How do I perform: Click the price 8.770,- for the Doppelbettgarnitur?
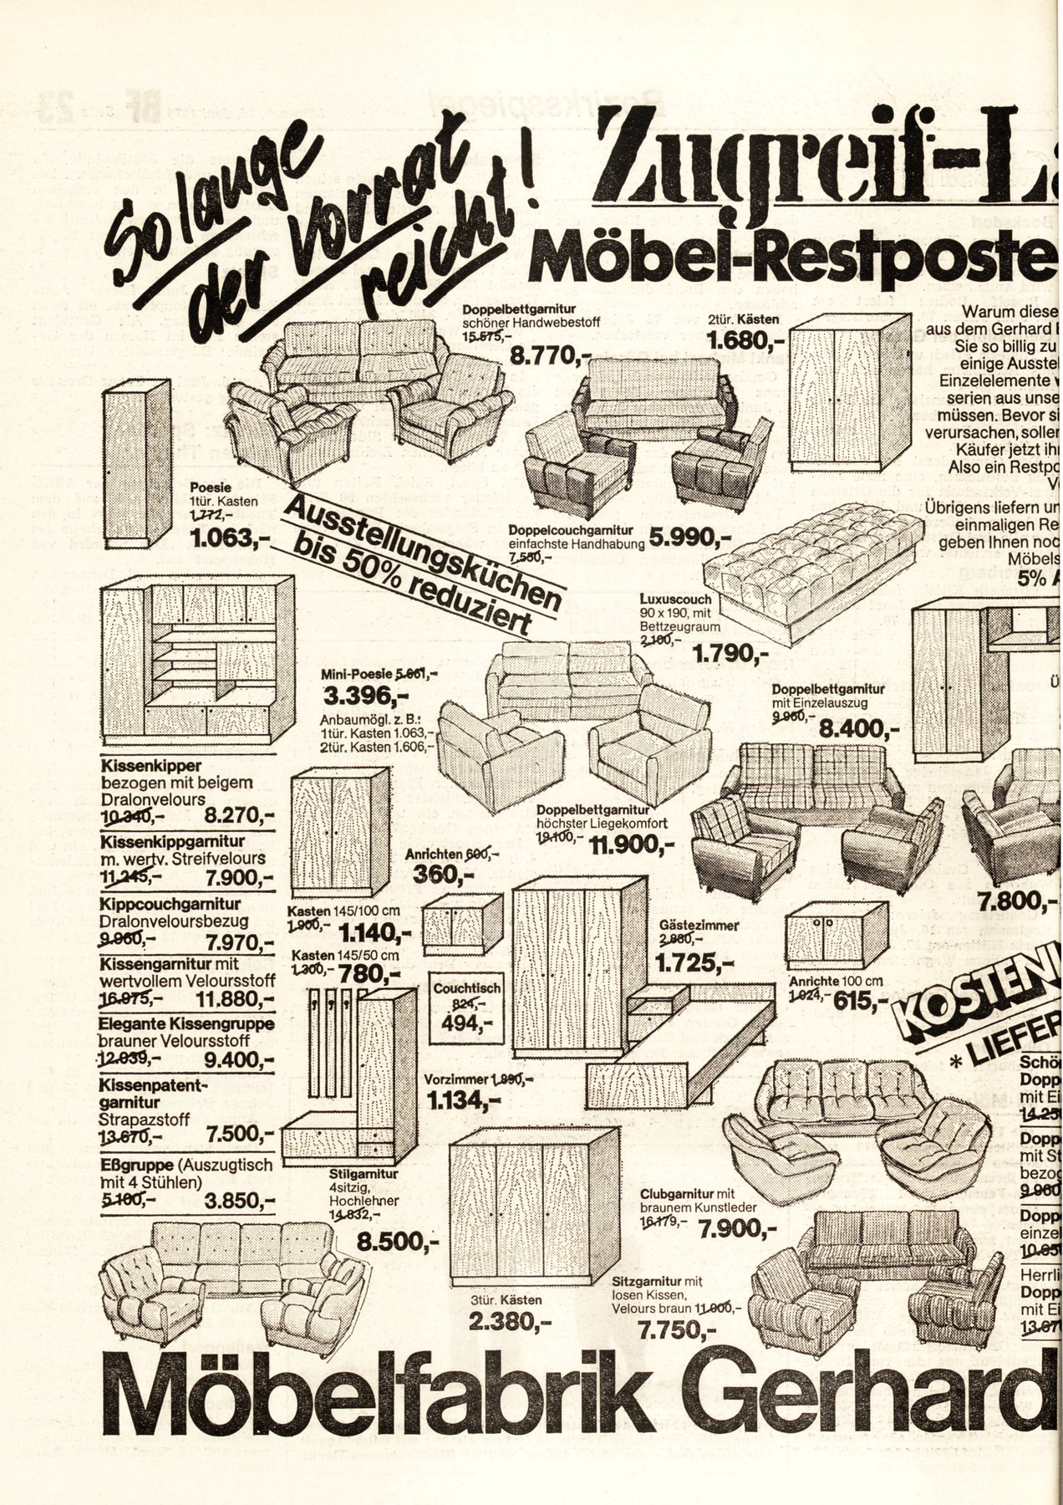click(548, 357)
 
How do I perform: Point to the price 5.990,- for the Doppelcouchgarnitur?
click(690, 538)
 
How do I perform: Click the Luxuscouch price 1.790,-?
click(728, 654)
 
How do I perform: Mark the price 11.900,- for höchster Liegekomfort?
click(632, 844)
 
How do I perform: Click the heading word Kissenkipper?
click(150, 766)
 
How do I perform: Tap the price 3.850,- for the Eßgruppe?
click(240, 1201)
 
